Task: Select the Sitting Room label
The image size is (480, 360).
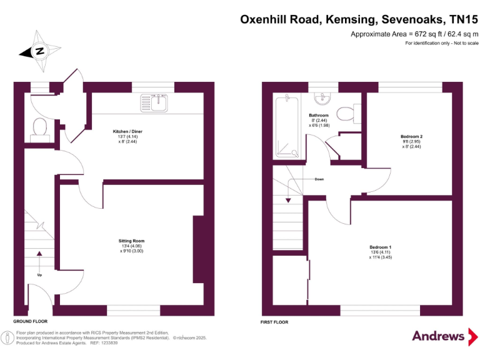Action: click(x=131, y=241)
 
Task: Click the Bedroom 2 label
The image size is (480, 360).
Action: click(x=412, y=136)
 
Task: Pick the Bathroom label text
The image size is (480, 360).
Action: click(x=319, y=116)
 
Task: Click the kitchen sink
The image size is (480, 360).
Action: click(x=156, y=101)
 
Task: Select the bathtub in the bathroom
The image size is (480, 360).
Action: click(x=288, y=126)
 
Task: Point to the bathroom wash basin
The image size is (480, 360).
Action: click(x=322, y=97)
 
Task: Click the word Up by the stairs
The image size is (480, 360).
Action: click(x=41, y=274)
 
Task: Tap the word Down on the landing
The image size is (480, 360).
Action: click(x=319, y=179)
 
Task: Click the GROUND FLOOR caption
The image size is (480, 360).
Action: click(x=31, y=321)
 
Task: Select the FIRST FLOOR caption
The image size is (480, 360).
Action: click(x=274, y=322)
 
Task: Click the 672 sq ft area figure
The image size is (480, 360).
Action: click(x=409, y=34)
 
